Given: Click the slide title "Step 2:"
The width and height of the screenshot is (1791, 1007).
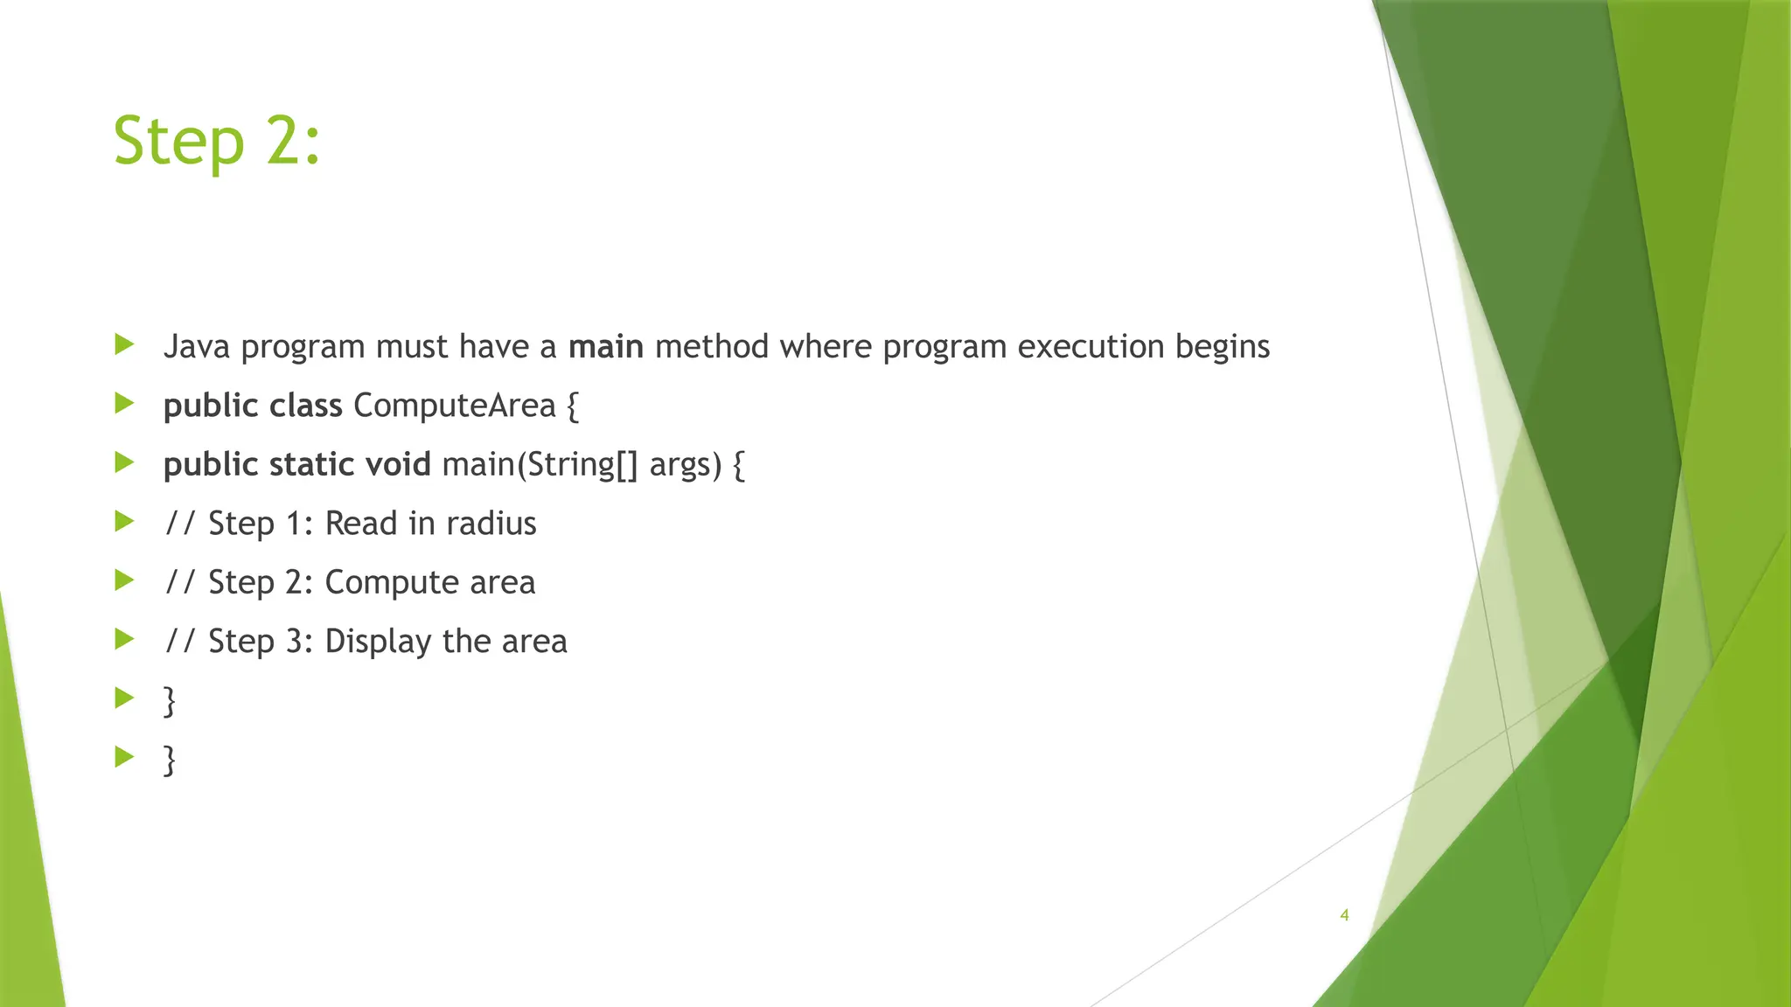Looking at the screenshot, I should tap(217, 141).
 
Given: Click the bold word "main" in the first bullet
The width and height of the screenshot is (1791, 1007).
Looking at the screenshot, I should tap(606, 347).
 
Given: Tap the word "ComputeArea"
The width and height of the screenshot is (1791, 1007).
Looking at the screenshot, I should tap(454, 406).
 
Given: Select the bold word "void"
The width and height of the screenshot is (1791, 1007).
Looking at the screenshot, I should tap(398, 464).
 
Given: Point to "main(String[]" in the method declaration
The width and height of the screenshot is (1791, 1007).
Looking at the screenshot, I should tap(540, 464).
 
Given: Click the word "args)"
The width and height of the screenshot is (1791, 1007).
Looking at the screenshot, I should tap(686, 465).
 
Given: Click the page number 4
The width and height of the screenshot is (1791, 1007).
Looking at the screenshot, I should tap(1344, 915).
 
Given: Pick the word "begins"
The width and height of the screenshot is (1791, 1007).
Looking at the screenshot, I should tap(1222, 348).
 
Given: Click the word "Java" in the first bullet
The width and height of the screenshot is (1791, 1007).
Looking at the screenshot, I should tap(197, 347).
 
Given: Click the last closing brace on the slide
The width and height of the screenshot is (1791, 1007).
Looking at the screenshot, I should tap(170, 760).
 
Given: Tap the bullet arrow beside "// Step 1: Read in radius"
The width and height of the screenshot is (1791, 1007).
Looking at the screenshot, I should tap(124, 522).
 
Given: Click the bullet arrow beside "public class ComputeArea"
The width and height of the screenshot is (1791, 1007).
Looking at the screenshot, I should tap(124, 404).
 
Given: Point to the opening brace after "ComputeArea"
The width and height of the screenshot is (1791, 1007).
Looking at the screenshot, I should tap(572, 406).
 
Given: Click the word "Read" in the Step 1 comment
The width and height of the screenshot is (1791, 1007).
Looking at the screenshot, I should tap(361, 524).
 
